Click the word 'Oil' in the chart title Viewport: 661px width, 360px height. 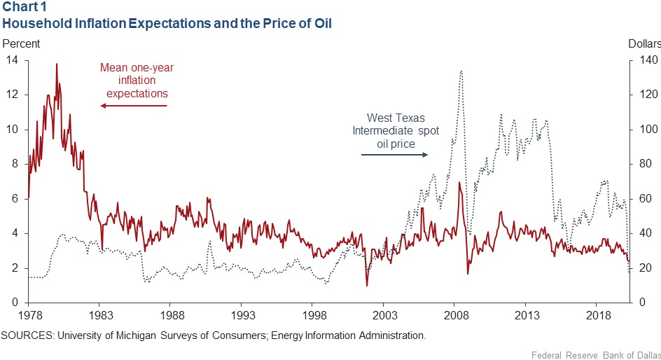tap(321, 23)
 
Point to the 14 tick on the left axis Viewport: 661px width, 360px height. tap(13, 60)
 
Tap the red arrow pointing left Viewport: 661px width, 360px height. tap(134, 106)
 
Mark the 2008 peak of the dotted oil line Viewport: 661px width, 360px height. tap(461, 71)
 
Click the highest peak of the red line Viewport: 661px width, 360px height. tap(56, 64)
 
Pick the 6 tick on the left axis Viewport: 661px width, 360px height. tap(15, 199)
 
